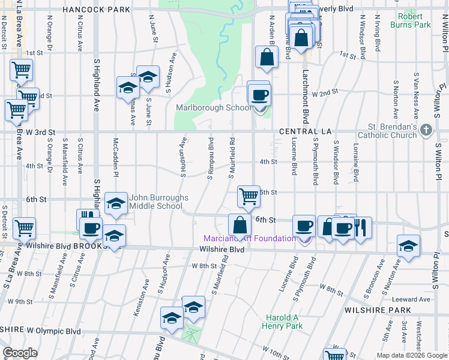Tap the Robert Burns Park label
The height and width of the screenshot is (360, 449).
tap(431, 21)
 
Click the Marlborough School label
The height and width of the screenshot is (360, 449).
tap(214, 108)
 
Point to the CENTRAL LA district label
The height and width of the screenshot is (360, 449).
tap(305, 131)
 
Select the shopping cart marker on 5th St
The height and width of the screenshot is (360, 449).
tap(248, 196)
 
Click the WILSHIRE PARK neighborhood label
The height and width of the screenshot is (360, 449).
tap(378, 310)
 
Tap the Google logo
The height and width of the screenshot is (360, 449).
tap(20, 353)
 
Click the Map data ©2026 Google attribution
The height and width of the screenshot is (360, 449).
tap(412, 355)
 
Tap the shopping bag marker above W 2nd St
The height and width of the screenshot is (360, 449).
tap(266, 58)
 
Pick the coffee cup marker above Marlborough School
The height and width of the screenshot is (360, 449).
tap(259, 94)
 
